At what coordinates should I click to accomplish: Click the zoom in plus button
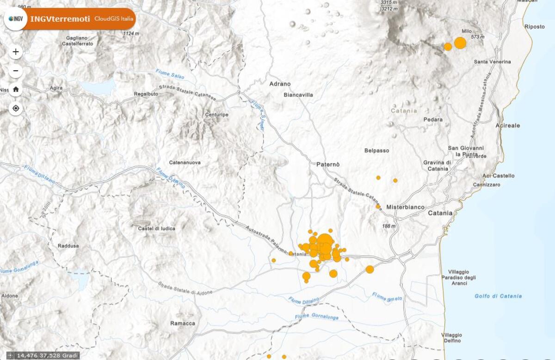pyautogui.click(x=16, y=52)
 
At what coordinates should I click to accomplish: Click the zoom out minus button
pyautogui.click(x=16, y=71)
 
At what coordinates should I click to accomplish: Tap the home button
pyautogui.click(x=16, y=90)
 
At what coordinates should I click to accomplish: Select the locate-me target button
pyautogui.click(x=16, y=109)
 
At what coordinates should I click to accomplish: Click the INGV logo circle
pyautogui.click(x=15, y=19)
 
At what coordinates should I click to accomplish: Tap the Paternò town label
pyautogui.click(x=328, y=165)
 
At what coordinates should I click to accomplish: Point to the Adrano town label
pyautogui.click(x=280, y=84)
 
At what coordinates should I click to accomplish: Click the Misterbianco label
pyautogui.click(x=405, y=207)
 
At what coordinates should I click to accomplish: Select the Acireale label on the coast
pyautogui.click(x=507, y=125)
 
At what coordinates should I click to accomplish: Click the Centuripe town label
pyautogui.click(x=216, y=115)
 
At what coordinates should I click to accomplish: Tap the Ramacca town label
pyautogui.click(x=183, y=323)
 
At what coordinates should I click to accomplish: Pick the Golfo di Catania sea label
pyautogui.click(x=498, y=296)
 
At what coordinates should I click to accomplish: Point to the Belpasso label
pyautogui.click(x=376, y=151)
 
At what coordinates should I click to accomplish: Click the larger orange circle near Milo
pyautogui.click(x=460, y=43)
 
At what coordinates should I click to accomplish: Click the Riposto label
pyautogui.click(x=535, y=27)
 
